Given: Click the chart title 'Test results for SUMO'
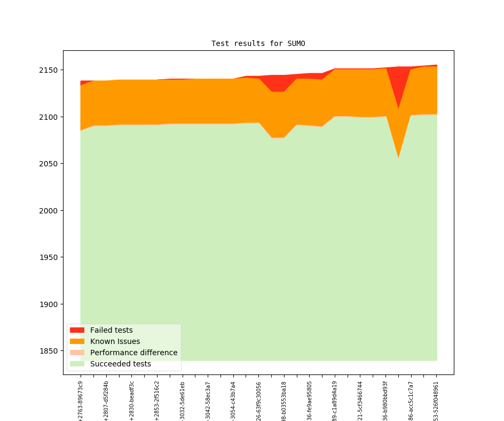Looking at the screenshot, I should [258, 43].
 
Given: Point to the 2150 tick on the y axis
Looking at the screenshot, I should [50, 70].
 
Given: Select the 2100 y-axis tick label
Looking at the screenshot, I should [50, 117].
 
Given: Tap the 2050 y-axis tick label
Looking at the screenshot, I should [50, 164].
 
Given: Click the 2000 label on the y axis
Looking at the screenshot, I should [50, 211].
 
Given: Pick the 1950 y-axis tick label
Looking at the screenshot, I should [50, 257].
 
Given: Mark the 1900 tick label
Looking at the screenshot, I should [50, 304].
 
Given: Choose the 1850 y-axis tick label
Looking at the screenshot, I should [50, 351].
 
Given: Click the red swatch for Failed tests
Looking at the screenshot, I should [77, 330].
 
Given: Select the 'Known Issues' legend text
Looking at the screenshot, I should [115, 341].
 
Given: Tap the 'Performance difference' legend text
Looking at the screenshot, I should [133, 353].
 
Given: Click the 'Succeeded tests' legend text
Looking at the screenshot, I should [120, 364].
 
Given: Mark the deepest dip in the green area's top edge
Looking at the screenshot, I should [398, 158].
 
